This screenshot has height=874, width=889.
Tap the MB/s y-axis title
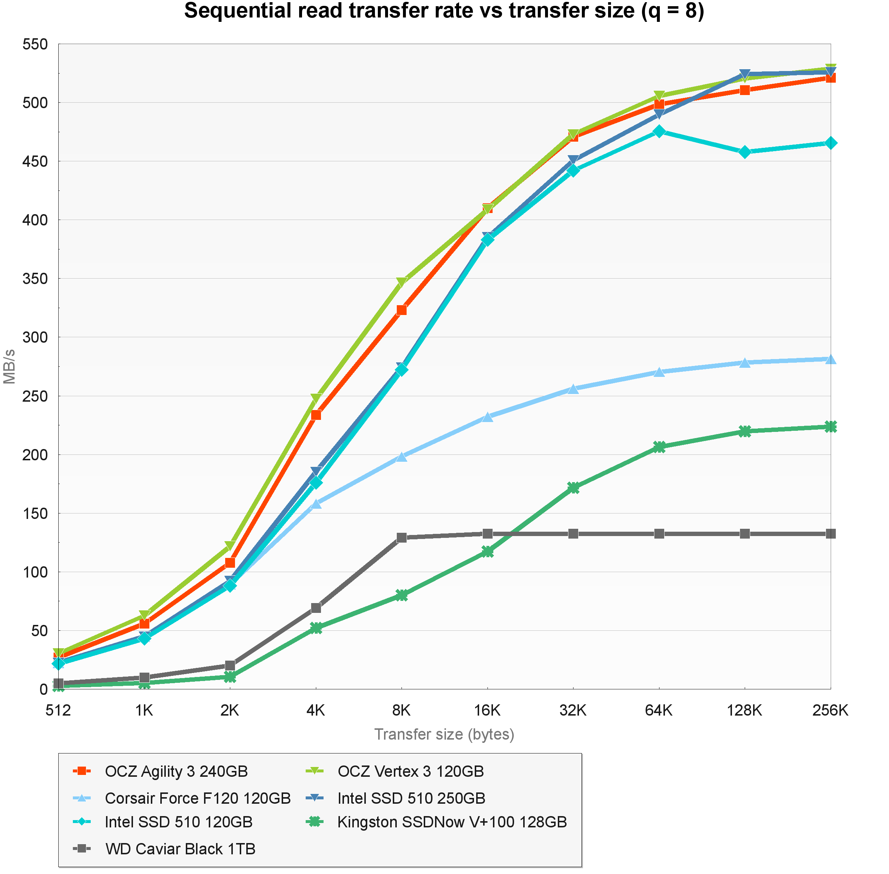(9, 366)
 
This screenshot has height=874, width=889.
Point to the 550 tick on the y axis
(35, 44)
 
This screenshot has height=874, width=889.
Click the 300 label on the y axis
(35, 337)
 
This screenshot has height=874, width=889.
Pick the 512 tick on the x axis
(58, 710)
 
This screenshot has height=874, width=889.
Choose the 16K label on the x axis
(487, 710)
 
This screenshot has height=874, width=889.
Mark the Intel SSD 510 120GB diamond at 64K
(659, 131)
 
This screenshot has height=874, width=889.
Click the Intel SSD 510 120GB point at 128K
(745, 152)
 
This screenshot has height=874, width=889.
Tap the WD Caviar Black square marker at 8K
(402, 537)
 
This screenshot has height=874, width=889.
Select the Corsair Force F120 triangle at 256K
(830, 359)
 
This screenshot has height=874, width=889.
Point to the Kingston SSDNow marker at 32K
(573, 488)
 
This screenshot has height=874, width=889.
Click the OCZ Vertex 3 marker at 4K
(316, 398)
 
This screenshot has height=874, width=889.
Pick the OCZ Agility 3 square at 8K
(402, 310)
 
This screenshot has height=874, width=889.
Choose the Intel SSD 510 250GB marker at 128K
(745, 74)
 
